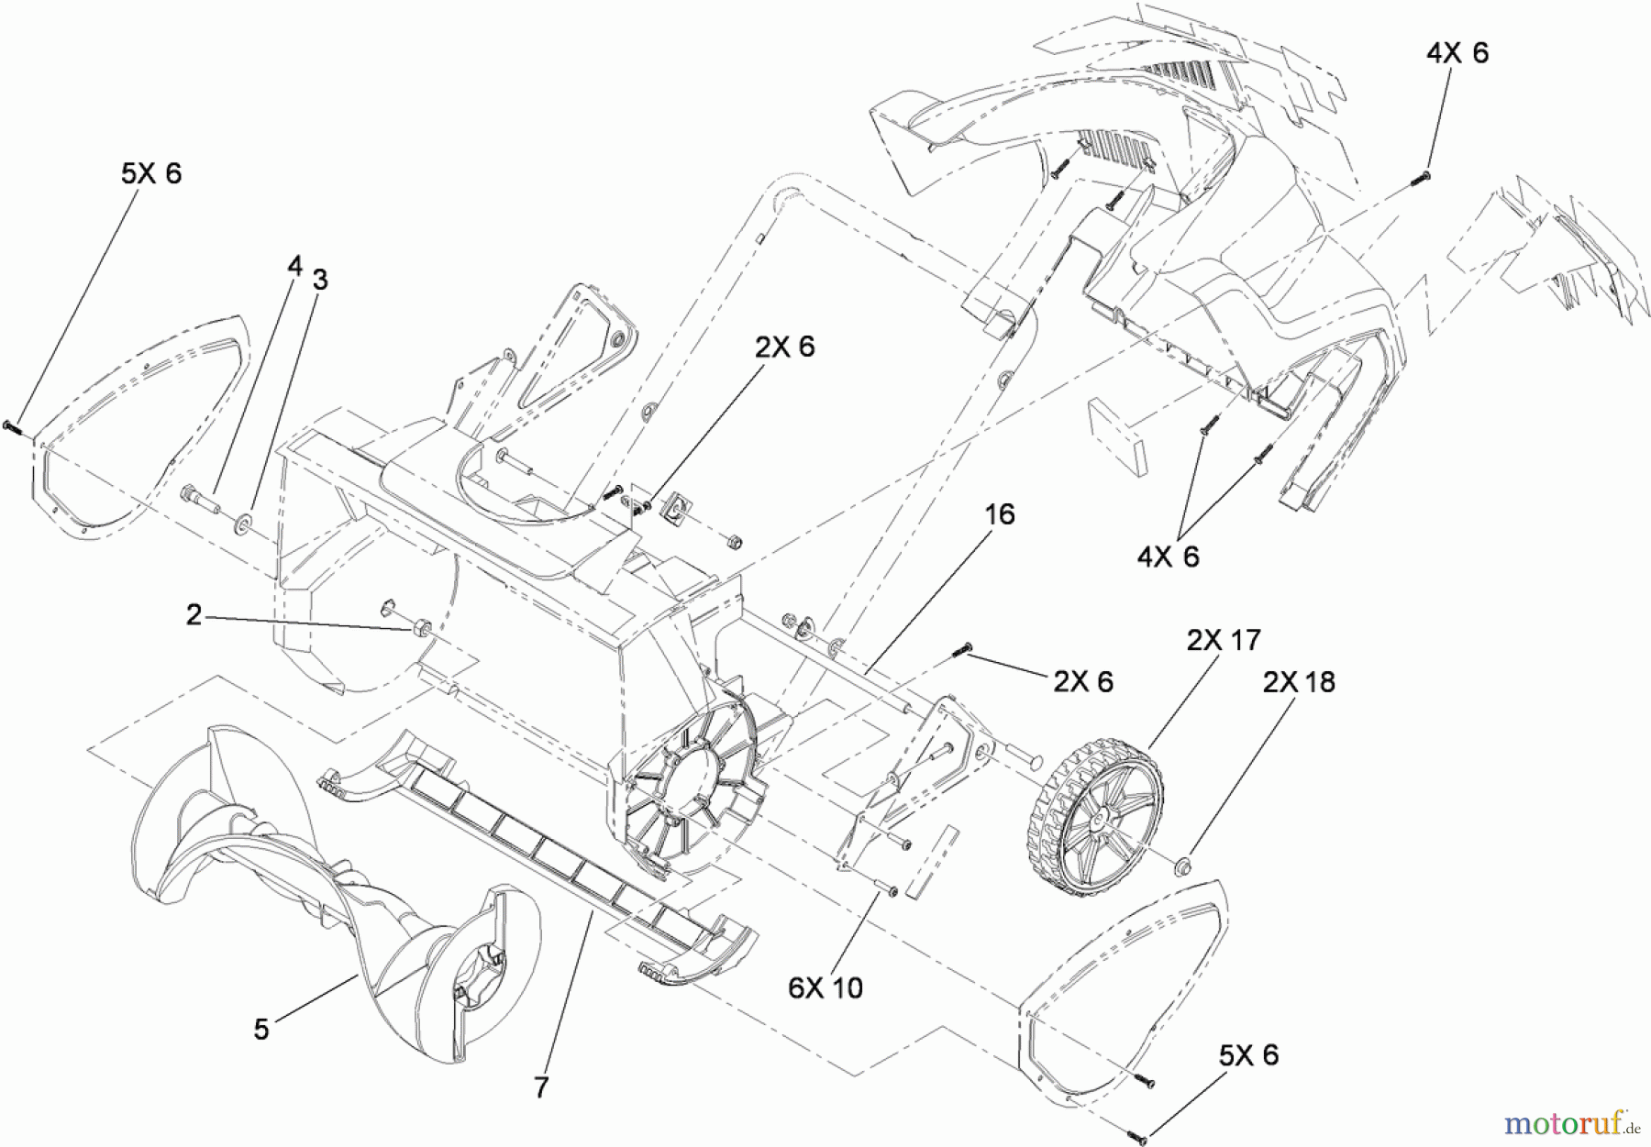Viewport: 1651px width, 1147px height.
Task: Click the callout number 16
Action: [x=1000, y=514]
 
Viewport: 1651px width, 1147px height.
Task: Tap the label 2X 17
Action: [x=1224, y=640]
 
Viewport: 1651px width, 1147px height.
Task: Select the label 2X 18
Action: [x=1299, y=682]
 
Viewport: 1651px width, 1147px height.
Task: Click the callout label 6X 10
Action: [x=825, y=987]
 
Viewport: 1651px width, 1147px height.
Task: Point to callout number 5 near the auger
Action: [x=261, y=1030]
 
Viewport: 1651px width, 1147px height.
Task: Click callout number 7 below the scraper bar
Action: [x=541, y=1087]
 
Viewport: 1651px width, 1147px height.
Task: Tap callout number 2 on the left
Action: [x=194, y=615]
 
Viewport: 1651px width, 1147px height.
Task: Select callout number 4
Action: [x=294, y=267]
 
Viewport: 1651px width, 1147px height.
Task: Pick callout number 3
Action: [x=319, y=281]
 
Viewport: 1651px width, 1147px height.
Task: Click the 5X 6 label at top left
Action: [x=151, y=173]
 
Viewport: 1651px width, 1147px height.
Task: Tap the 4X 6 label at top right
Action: [x=1457, y=53]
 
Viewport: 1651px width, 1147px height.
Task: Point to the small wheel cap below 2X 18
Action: [x=1184, y=864]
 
